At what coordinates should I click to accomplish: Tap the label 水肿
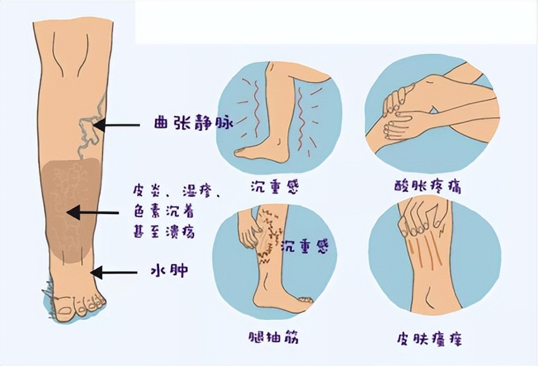171,271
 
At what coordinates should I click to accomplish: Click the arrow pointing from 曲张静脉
121,125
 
